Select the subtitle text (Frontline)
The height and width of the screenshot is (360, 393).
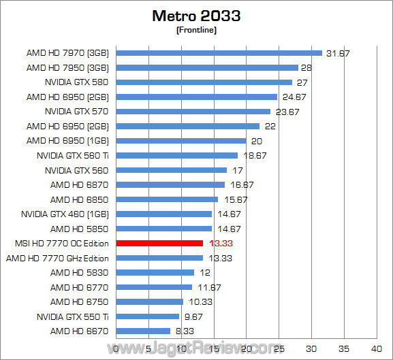tap(196, 29)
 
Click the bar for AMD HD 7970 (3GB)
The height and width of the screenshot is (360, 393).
tap(219, 52)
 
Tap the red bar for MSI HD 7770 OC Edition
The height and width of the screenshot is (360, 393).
tap(160, 243)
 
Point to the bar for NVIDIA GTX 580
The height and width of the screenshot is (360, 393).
tap(204, 82)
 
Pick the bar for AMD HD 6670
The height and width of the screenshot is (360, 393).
tap(144, 331)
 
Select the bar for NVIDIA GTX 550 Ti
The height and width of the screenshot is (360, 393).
tap(148, 316)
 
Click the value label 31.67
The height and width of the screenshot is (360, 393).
tap(338, 53)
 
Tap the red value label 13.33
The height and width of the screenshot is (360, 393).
tap(219, 243)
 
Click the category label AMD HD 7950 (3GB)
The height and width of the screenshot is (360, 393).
tap(68, 67)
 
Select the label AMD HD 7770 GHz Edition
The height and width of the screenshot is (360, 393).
tap(57, 258)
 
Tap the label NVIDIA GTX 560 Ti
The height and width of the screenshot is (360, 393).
tap(73, 155)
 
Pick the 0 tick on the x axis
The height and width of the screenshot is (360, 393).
tap(117, 348)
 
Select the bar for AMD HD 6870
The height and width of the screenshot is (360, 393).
tap(171, 184)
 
